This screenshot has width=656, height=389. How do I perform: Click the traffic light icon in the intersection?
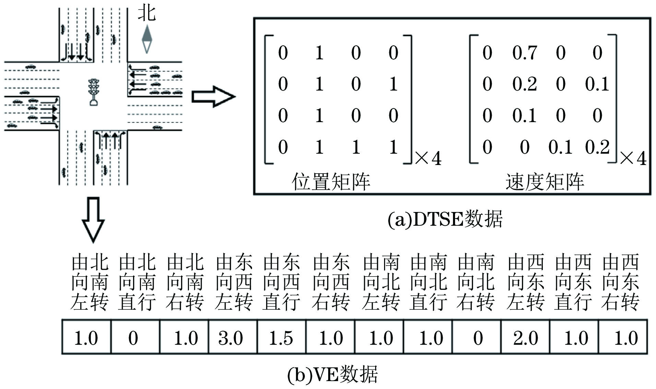93,92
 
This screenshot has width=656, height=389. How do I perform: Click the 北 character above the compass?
147,14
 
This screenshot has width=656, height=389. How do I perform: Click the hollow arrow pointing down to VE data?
93,219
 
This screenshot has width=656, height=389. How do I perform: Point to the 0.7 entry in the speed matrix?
524,53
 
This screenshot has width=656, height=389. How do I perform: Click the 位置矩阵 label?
331,181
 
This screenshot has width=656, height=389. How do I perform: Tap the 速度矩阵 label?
545,181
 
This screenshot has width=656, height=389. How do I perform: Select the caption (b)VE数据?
332,374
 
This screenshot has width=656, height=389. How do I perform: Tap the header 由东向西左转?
234,282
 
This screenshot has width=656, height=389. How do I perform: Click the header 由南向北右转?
476,282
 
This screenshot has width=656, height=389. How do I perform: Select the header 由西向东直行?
573,282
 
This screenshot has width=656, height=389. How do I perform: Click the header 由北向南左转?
90,282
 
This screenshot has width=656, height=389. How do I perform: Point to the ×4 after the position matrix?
428,158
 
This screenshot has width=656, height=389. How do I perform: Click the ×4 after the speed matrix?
633,158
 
